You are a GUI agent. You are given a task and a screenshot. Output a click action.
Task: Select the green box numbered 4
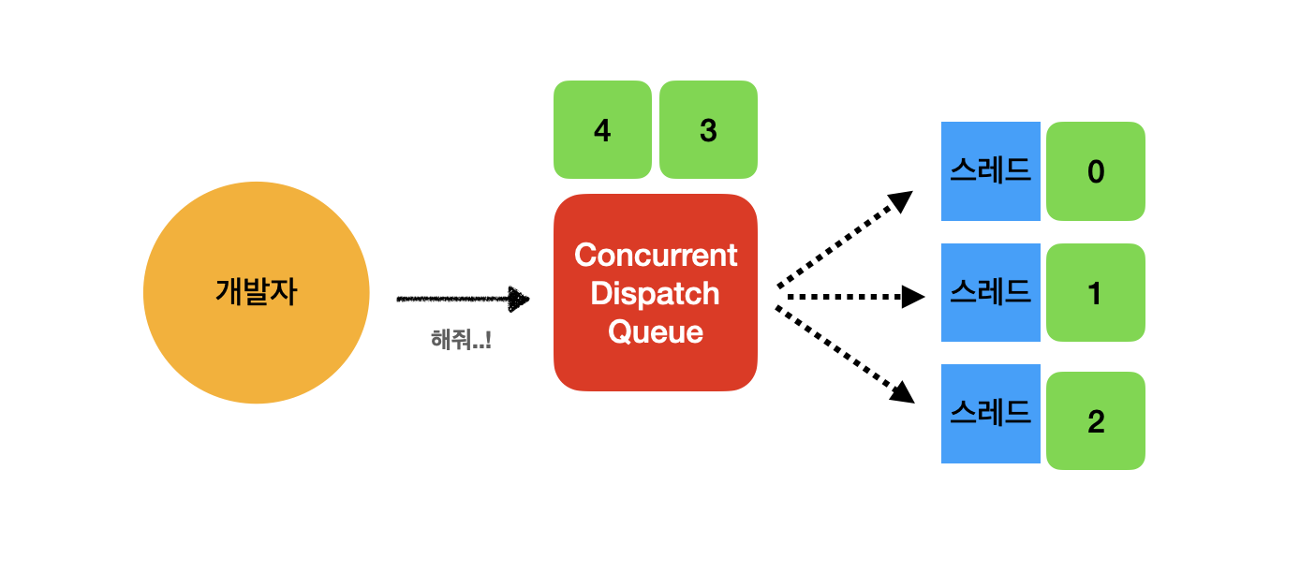pyautogui.click(x=602, y=130)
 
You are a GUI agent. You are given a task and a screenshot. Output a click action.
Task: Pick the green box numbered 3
pyautogui.click(x=708, y=130)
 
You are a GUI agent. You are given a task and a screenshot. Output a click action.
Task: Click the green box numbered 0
pyautogui.click(x=1096, y=171)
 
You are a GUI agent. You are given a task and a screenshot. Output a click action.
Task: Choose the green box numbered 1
pyautogui.click(x=1096, y=293)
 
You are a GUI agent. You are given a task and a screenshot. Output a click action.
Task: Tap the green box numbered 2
pyautogui.click(x=1096, y=421)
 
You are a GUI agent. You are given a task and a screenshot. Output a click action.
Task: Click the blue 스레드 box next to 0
pyautogui.click(x=990, y=171)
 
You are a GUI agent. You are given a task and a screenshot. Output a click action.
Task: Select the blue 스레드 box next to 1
pyautogui.click(x=990, y=292)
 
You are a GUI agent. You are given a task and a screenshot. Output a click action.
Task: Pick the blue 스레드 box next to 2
pyautogui.click(x=990, y=413)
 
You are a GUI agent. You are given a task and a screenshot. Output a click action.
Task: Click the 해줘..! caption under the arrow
pyautogui.click(x=461, y=340)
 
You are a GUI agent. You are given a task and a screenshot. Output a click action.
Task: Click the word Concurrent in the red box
pyautogui.click(x=656, y=255)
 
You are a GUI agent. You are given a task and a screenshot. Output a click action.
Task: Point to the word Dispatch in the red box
pyautogui.click(x=656, y=293)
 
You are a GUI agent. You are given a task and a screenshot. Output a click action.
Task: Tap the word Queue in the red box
pyautogui.click(x=656, y=331)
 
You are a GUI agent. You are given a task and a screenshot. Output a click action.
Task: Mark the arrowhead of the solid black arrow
pyautogui.click(x=519, y=299)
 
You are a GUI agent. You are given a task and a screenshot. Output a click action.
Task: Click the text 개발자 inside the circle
pyautogui.click(x=256, y=292)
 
